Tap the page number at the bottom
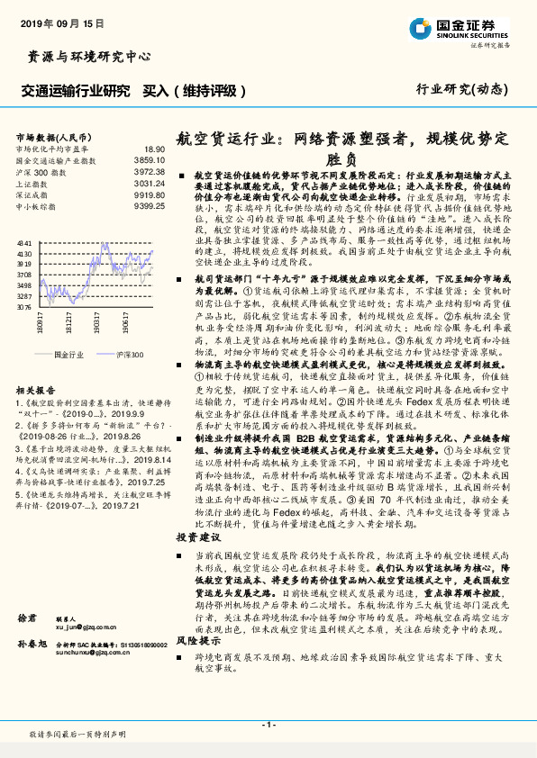268,725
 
